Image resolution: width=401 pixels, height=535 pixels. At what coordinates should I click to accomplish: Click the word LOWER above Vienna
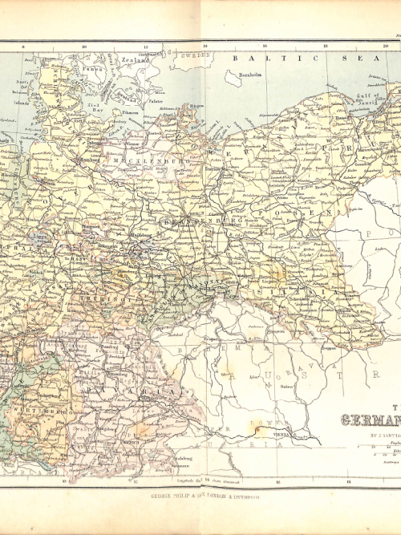(264, 420)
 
